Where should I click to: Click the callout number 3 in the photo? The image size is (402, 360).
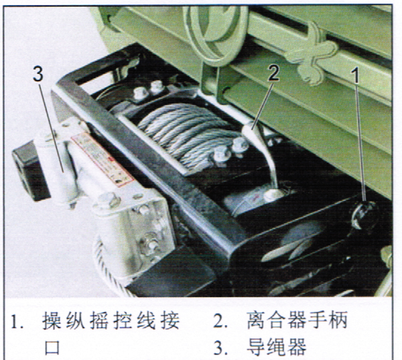[38, 74]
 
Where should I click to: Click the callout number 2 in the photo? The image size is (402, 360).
[273, 73]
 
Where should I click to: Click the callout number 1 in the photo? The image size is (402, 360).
[355, 75]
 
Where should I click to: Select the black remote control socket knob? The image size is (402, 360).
[364, 215]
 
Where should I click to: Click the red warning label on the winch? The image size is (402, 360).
[102, 159]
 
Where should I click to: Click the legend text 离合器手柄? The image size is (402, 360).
[297, 320]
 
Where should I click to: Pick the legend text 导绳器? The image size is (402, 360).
[276, 347]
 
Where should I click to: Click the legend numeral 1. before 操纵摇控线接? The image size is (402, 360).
[17, 322]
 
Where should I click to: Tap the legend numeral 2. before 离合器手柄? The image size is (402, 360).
[220, 321]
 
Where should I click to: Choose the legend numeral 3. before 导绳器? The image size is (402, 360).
[220, 347]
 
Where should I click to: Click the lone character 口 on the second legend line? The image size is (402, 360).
[52, 348]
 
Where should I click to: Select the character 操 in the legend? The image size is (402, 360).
[52, 320]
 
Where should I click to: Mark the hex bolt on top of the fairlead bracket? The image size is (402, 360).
[110, 200]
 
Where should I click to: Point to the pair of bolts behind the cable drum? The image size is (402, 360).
[149, 89]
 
